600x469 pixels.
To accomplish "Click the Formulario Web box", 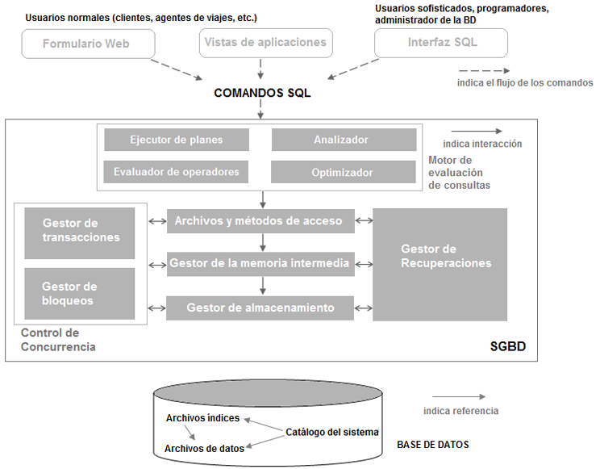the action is click(89, 44).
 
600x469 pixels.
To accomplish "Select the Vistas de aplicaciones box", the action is click(266, 43).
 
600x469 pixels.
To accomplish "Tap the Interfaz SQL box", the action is click(441, 43).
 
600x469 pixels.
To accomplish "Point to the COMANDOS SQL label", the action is click(262, 93).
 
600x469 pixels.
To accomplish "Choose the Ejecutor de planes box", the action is click(177, 140).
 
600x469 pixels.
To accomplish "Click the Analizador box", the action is click(344, 140).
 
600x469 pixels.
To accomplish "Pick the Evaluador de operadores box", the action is click(176, 172).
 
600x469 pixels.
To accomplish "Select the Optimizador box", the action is click(344, 172).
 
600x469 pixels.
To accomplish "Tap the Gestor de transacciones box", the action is click(80, 233).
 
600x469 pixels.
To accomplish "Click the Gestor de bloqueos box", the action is click(80, 294).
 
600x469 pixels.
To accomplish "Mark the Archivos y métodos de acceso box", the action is click(260, 221).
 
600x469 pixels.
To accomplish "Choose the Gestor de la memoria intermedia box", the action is click(260, 264).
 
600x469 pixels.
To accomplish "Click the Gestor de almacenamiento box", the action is click(260, 308).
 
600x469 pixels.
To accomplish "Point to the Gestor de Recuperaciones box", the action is click(440, 265).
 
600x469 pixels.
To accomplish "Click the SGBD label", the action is click(508, 346).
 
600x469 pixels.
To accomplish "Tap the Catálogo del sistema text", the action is click(332, 432).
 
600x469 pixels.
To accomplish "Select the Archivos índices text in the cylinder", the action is click(202, 418).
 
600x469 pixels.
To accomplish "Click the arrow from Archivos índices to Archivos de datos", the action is click(190, 433).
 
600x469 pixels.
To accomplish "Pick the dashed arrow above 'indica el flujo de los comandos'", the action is click(485, 71).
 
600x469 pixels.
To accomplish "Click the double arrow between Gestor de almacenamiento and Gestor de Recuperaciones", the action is click(364, 308).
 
